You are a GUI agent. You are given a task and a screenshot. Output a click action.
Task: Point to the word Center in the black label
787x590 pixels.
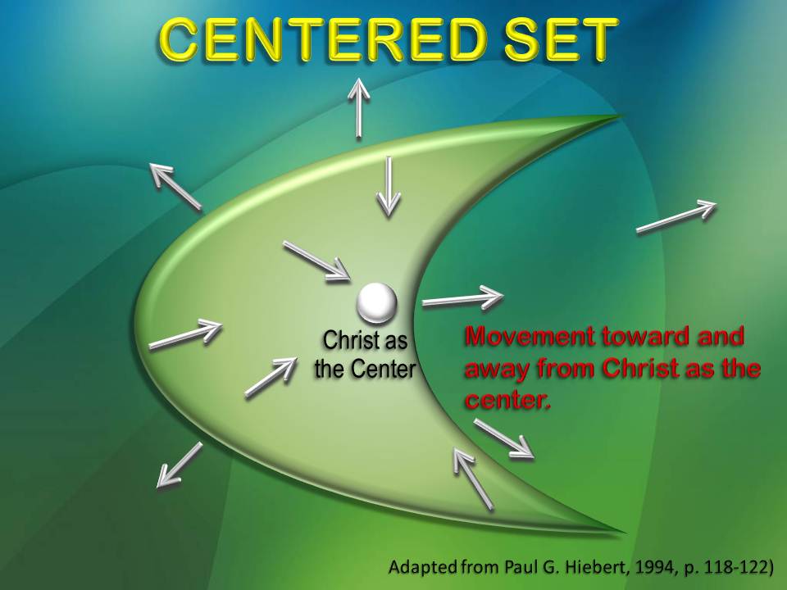coord(383,369)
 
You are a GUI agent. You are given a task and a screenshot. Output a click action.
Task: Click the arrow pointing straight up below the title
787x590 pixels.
coord(358,108)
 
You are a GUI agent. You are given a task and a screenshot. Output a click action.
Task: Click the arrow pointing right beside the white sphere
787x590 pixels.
coord(462,297)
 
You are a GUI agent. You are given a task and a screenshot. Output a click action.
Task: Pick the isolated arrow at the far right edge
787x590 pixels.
coord(677,217)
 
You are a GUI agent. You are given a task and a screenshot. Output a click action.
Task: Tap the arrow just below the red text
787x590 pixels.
coord(504,438)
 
